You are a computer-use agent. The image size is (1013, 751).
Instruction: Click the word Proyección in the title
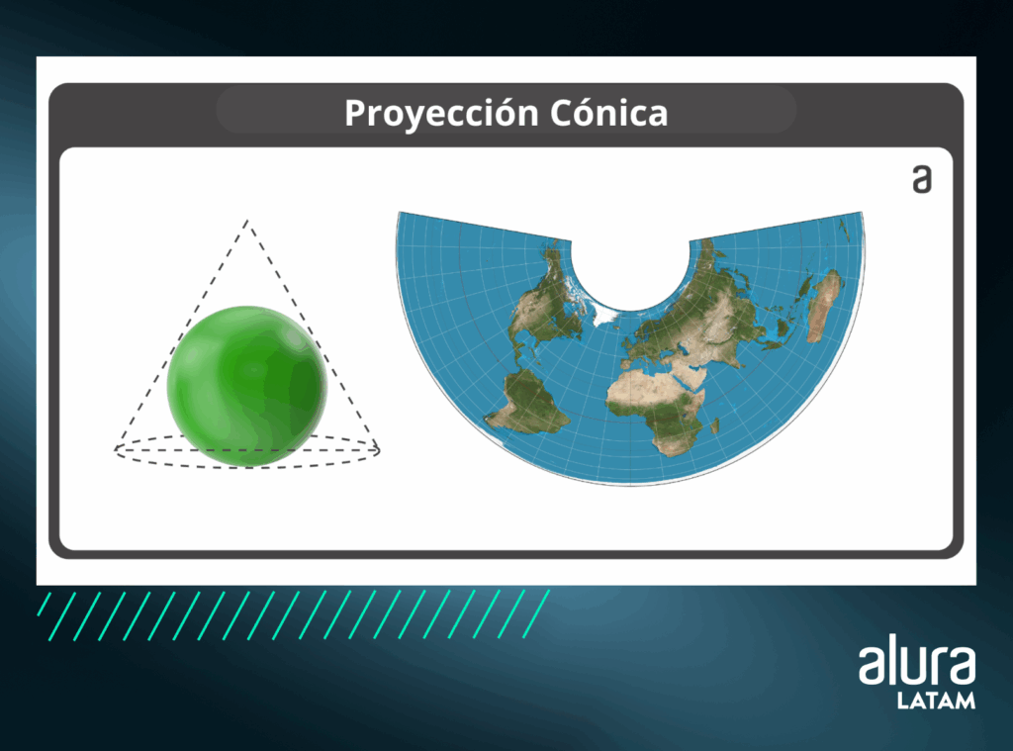tap(441, 114)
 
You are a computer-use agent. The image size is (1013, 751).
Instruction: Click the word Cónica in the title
tap(608, 113)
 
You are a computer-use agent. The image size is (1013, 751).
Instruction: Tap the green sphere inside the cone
tap(247, 386)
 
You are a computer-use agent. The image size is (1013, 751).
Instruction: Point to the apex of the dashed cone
tap(246, 221)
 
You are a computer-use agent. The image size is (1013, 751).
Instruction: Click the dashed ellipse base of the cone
tap(247, 465)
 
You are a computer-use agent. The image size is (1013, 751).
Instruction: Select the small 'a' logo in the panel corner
tap(922, 179)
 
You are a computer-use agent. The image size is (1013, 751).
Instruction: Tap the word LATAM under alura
tap(936, 701)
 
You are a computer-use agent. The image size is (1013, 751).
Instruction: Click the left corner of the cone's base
tap(115, 449)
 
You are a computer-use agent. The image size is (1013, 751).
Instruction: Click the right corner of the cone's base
tap(380, 450)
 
